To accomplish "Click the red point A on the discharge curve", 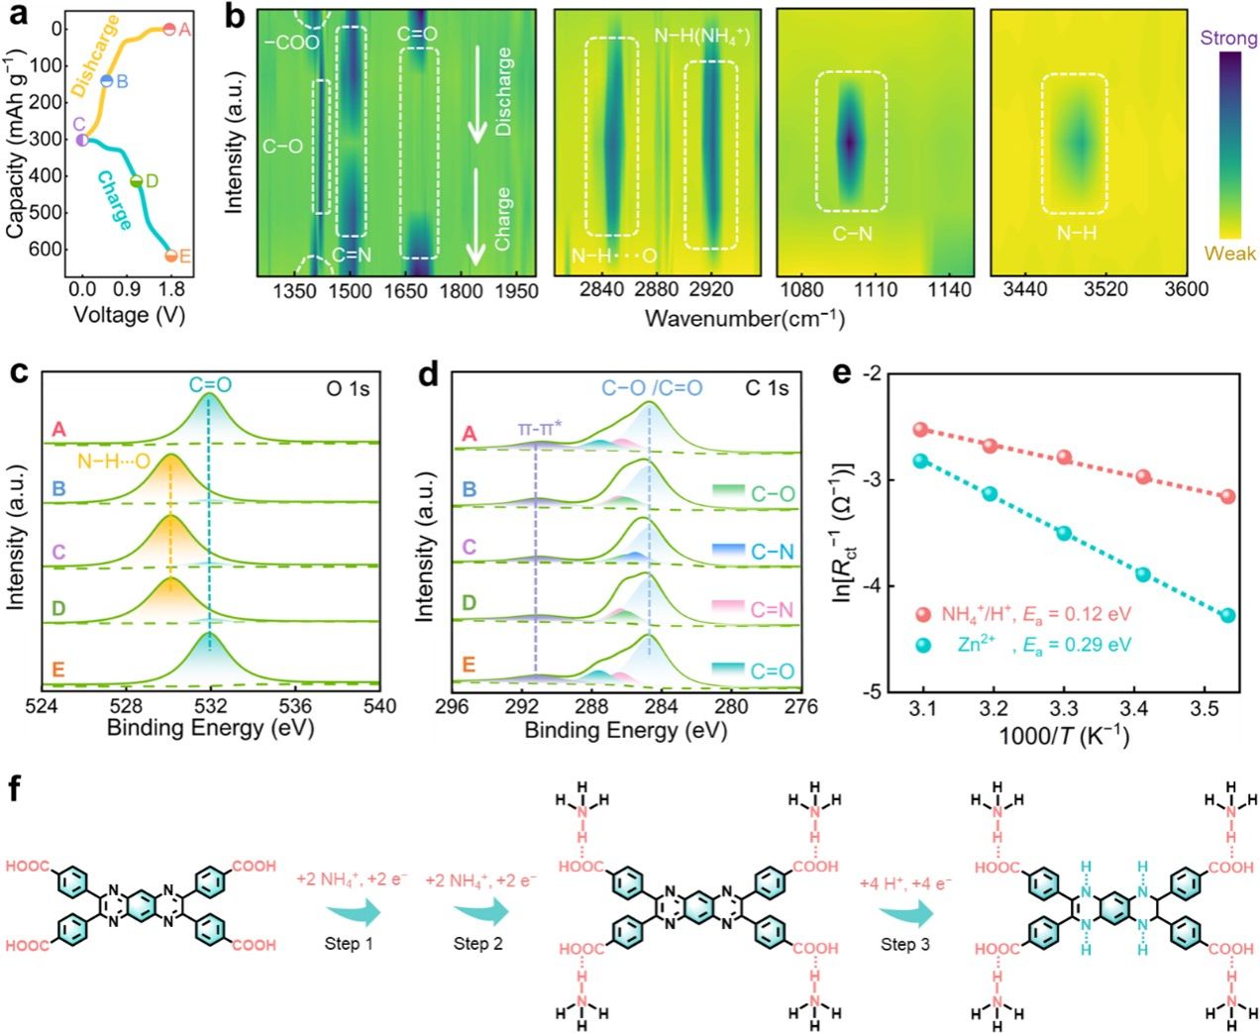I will pyautogui.click(x=169, y=30).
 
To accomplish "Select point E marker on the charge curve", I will pyautogui.click(x=170, y=257).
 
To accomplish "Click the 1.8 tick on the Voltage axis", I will pyautogui.click(x=171, y=289).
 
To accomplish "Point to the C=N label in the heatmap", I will pyautogui.click(x=352, y=255).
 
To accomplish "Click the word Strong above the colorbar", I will pyautogui.click(x=1228, y=39).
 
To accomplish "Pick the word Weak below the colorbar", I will pyautogui.click(x=1229, y=254).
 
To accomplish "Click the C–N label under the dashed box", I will pyautogui.click(x=851, y=234).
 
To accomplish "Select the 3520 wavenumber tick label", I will pyautogui.click(x=1105, y=289).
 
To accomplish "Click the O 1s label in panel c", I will pyautogui.click(x=348, y=389).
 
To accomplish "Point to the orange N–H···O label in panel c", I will pyautogui.click(x=114, y=462).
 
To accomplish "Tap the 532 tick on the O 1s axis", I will pyautogui.click(x=210, y=706).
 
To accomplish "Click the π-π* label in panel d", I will pyautogui.click(x=540, y=429).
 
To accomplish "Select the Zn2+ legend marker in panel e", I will pyautogui.click(x=923, y=645).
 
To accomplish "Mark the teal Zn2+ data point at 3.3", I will pyautogui.click(x=1064, y=533).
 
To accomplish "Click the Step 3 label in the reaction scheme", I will pyautogui.click(x=904, y=944).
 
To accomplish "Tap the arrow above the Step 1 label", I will pyautogui.click(x=354, y=909).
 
